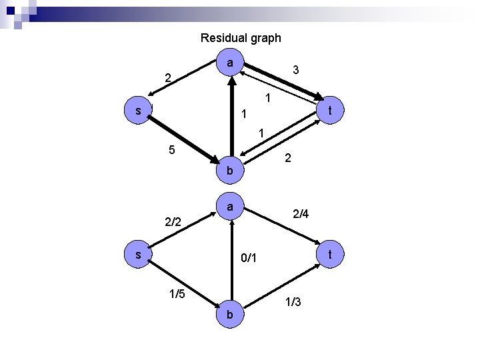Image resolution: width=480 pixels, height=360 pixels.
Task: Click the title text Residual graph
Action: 241,38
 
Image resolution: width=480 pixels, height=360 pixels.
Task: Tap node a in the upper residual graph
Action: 229,63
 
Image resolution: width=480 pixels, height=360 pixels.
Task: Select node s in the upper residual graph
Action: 137,111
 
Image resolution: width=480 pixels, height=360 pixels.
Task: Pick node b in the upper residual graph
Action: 229,171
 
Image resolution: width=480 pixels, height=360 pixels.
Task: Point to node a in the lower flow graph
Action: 229,207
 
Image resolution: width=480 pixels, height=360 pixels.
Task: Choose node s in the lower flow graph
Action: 137,255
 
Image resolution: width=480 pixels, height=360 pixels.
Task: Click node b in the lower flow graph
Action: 229,313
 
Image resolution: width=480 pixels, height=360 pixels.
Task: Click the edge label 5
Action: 172,150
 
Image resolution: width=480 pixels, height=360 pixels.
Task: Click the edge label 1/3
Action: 293,302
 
